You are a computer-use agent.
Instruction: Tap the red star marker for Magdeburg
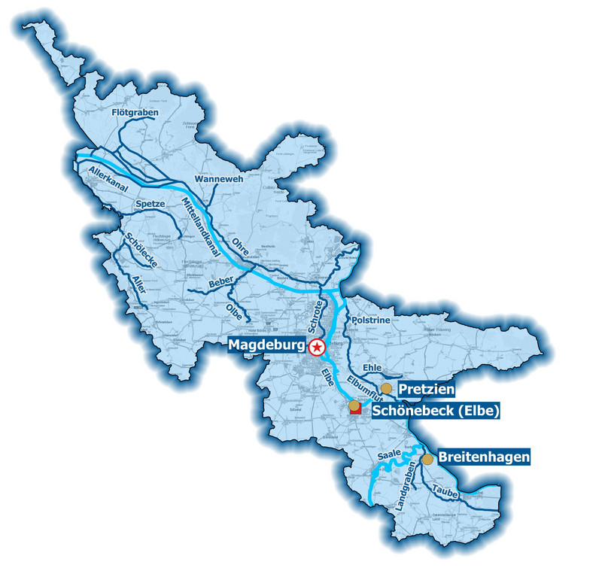click(318, 347)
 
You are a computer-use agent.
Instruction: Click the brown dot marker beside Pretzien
click(386, 388)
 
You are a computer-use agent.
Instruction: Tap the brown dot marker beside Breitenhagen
click(427, 458)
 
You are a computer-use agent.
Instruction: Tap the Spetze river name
click(150, 204)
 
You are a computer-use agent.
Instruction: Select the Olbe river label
click(236, 310)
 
